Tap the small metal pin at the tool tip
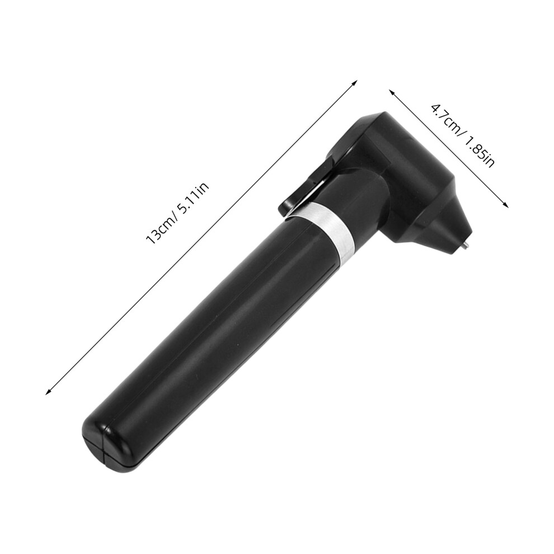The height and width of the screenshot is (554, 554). point(466,243)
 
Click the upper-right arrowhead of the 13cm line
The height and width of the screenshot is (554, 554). point(354,83)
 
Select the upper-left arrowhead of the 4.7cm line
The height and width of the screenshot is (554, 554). point(392,92)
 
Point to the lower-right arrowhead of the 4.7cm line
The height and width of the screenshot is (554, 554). point(505,204)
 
